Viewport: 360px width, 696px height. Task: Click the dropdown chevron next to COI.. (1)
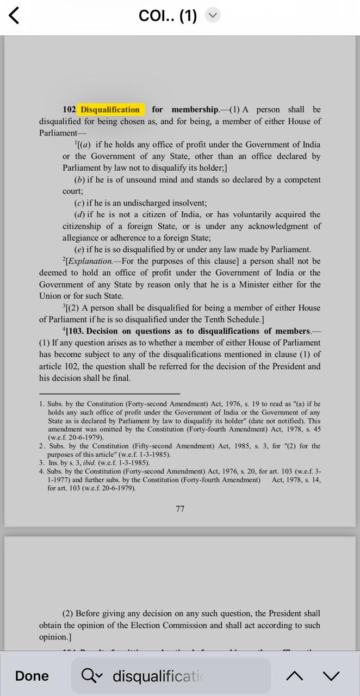[x=213, y=16]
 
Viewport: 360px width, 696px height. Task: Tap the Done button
[x=32, y=676]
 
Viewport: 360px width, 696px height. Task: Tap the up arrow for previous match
[x=295, y=676]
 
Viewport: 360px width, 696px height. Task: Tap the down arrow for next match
[x=331, y=676]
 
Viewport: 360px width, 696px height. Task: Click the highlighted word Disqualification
[x=110, y=110]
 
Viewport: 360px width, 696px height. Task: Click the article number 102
[x=69, y=110]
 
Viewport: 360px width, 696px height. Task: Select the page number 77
[x=180, y=509]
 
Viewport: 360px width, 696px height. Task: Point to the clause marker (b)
[x=79, y=180]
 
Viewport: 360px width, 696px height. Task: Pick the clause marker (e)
[x=79, y=250]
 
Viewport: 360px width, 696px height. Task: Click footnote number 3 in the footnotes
[x=41, y=463]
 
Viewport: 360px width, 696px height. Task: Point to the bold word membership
[x=195, y=110]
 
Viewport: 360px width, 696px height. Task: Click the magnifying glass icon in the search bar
[x=89, y=676]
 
